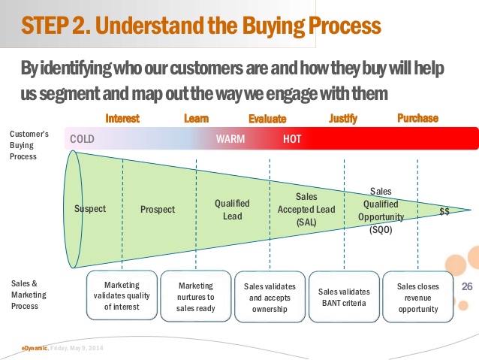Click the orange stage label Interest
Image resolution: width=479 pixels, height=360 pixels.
122,118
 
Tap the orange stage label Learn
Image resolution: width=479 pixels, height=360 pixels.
196,118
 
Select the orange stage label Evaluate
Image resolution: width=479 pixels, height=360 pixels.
267,119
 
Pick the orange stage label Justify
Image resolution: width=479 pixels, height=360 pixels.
343,119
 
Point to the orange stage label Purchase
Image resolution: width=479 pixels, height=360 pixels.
417,118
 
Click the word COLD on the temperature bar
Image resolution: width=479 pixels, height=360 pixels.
82,139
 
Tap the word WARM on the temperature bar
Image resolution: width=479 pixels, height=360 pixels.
230,139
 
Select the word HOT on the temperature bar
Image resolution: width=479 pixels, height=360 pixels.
293,139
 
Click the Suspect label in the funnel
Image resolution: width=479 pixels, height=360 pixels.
90,209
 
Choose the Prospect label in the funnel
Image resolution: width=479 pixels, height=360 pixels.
158,210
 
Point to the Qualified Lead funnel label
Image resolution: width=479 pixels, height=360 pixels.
232,209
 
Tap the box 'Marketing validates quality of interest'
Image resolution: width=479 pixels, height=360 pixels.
122,295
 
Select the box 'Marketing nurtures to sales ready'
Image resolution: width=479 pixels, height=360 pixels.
196,295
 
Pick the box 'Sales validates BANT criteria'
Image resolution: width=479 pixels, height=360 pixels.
344,297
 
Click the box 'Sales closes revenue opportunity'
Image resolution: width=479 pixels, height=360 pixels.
417,295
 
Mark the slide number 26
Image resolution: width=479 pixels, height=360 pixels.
468,286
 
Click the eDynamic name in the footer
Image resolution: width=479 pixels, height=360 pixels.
35,348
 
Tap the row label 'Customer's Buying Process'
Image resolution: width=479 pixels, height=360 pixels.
29,145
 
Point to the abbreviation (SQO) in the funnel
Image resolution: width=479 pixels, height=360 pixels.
381,229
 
